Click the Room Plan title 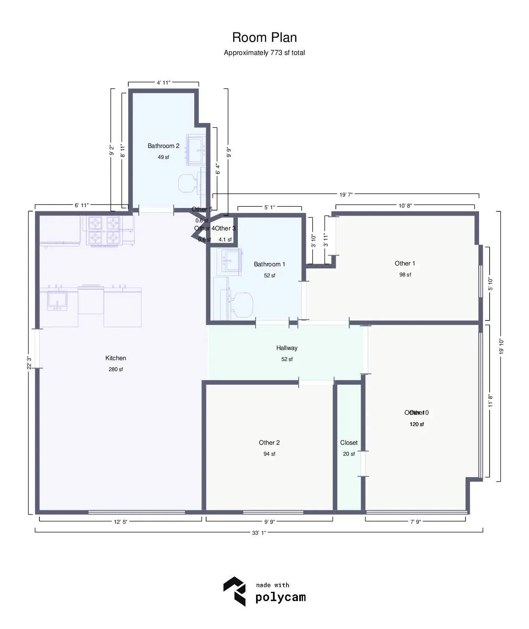tap(264, 38)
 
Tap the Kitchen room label tap(116, 358)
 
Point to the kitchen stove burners tap(104, 230)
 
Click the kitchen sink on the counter tap(57, 301)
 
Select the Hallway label tap(287, 348)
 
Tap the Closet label tap(349, 443)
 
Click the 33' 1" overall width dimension tap(259, 533)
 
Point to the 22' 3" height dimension tap(29, 362)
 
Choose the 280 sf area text tap(116, 369)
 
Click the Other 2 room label tap(269, 443)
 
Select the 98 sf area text tap(405, 275)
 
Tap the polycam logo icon tap(234, 591)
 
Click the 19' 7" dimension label tap(346, 194)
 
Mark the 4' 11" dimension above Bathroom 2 tap(163, 83)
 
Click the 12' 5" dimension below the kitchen tap(120, 522)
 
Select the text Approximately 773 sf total tap(264, 53)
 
